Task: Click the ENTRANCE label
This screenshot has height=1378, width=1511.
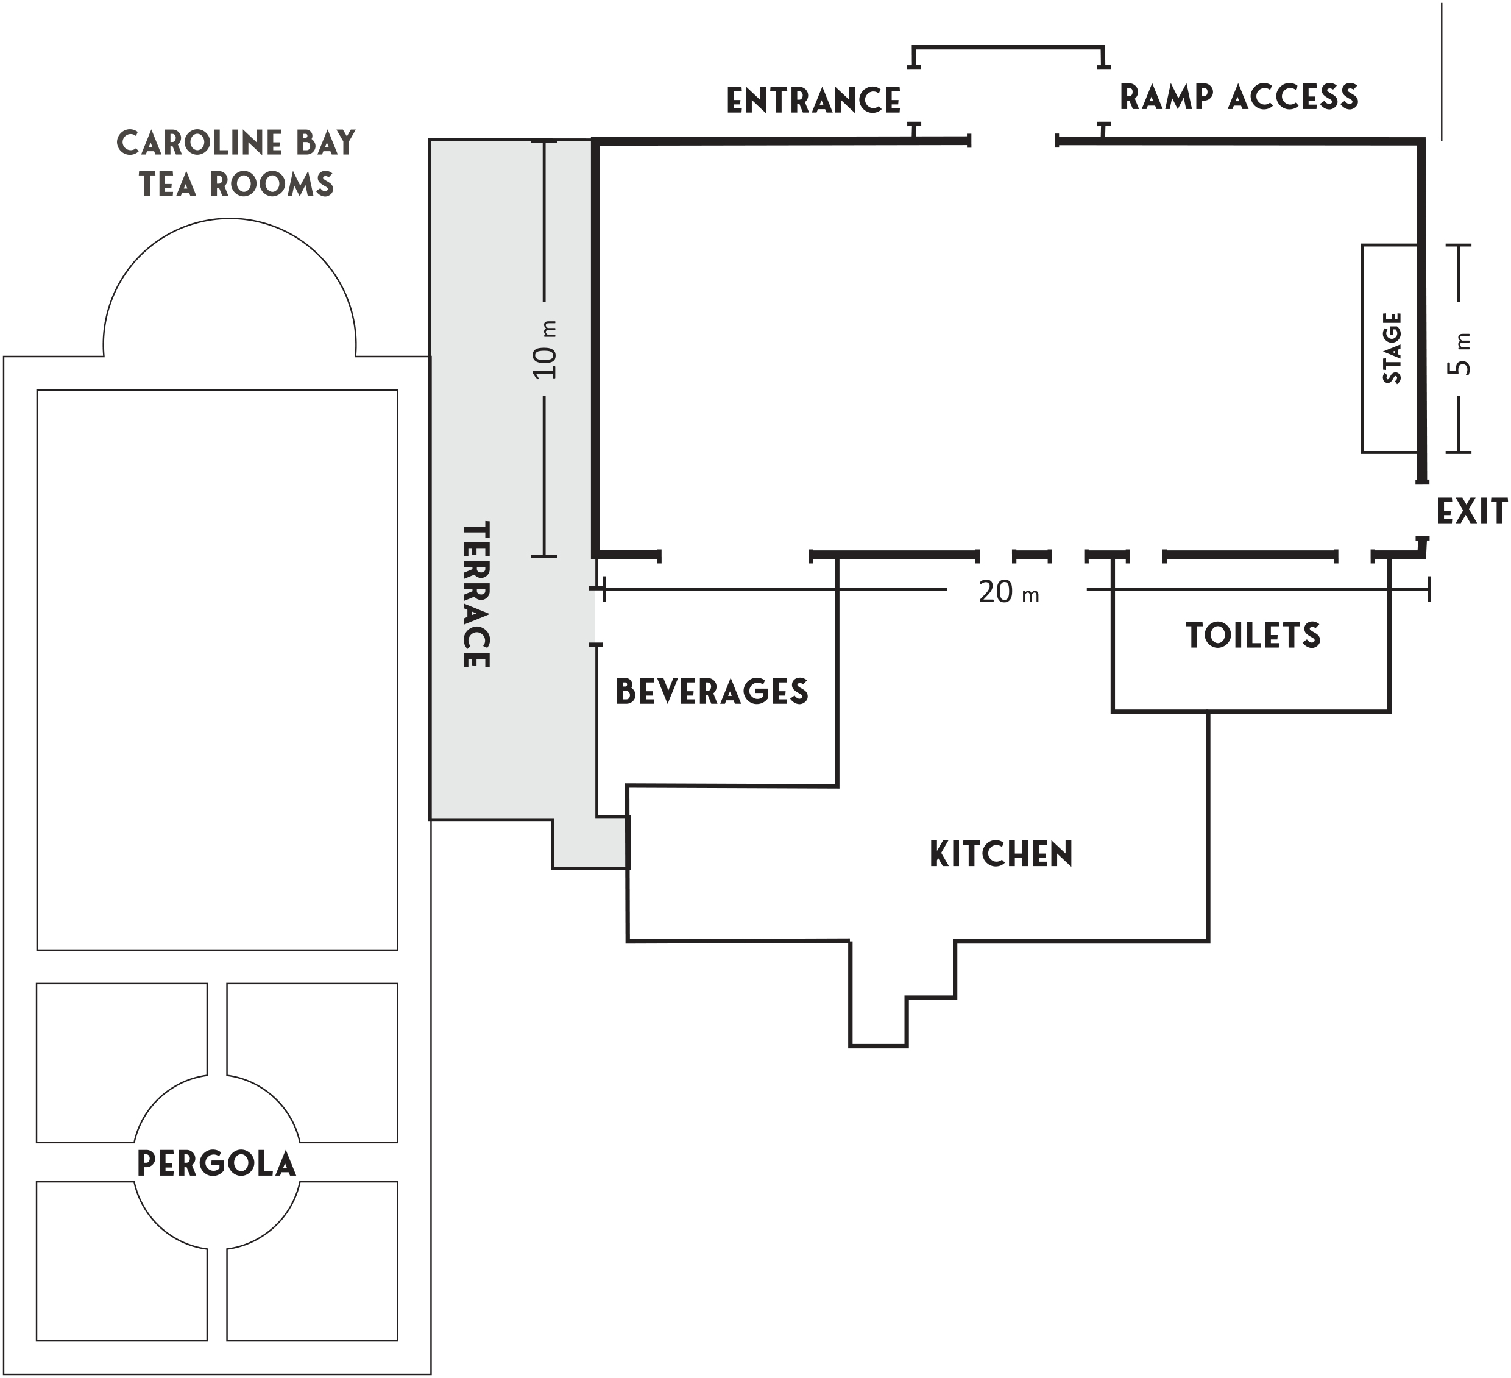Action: click(813, 101)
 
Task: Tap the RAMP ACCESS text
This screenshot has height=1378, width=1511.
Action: click(1238, 98)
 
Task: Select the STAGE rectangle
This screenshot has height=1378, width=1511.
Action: click(1390, 349)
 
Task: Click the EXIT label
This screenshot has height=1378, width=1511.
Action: click(1471, 511)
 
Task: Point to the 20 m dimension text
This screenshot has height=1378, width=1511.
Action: click(1008, 593)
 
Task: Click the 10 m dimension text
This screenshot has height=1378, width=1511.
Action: click(547, 350)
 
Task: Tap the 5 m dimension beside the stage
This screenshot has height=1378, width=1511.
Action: click(1459, 355)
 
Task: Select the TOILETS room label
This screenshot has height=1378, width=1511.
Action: click(1253, 636)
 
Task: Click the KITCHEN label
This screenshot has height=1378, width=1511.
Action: click(1000, 854)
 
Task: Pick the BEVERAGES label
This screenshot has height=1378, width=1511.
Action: click(711, 691)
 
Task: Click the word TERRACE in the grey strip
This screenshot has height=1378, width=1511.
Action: click(476, 595)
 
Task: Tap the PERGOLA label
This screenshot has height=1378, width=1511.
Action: click(217, 1163)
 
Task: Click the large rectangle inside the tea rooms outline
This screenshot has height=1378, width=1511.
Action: click(217, 670)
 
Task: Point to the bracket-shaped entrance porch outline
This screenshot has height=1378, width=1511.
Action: click(1008, 49)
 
